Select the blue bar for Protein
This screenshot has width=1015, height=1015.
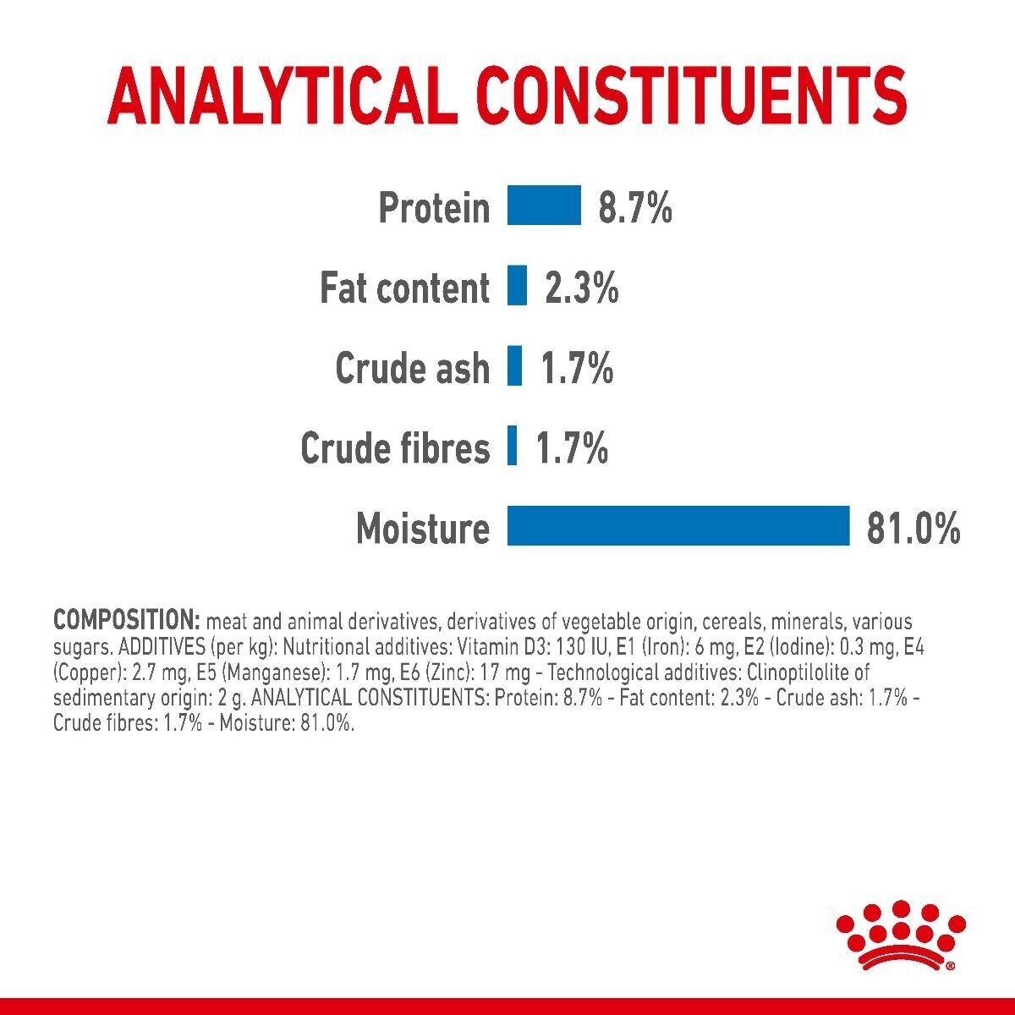click(544, 206)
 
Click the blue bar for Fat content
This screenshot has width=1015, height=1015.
click(517, 286)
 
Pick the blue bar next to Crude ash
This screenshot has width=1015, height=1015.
click(514, 366)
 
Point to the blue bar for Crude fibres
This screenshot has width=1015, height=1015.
click(512, 447)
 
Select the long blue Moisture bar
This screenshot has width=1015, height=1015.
click(678, 526)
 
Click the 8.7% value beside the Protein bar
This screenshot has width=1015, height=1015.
click(634, 207)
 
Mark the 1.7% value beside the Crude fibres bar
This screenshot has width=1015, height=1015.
click(572, 448)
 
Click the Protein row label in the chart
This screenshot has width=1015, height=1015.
click(434, 207)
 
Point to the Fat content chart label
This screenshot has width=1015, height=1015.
click(404, 288)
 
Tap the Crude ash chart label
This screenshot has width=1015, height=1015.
click(413, 368)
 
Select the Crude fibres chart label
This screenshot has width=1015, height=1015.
click(395, 448)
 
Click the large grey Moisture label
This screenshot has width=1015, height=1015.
click(423, 529)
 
